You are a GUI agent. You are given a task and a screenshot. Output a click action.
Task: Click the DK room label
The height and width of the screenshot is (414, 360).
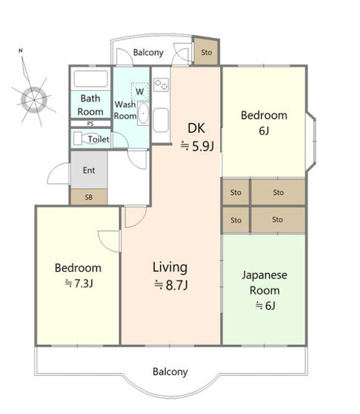point(196,128)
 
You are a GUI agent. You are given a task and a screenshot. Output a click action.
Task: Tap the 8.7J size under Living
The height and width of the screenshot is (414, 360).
point(171,285)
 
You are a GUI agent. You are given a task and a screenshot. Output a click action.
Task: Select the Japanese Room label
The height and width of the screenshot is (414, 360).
point(264,282)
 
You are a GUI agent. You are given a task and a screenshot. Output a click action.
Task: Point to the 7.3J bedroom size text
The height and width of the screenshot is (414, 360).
point(78,284)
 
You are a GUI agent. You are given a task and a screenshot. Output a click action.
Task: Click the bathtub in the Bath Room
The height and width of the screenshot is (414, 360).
point(91,78)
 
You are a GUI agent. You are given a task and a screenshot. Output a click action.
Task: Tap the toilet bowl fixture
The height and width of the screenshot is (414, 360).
point(83,139)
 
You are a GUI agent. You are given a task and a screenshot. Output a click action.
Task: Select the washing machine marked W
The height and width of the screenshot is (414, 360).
point(140,91)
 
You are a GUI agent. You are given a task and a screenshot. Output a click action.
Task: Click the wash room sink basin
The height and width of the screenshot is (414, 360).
point(143,113)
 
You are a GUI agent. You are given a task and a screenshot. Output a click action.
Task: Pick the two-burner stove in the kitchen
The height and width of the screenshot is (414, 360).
point(161,85)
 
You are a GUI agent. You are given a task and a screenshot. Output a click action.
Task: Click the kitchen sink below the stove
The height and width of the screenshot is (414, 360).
point(161,120)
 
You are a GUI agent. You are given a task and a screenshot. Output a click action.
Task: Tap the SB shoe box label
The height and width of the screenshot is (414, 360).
point(89,197)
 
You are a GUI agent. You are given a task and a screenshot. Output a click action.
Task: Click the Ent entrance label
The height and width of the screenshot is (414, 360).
point(89,170)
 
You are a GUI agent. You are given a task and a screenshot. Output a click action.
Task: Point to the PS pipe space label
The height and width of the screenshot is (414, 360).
point(90,123)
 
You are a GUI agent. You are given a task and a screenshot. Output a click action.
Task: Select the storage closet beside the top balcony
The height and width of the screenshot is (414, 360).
point(206,52)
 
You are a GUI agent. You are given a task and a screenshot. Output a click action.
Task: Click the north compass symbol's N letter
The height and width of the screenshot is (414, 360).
point(21,51)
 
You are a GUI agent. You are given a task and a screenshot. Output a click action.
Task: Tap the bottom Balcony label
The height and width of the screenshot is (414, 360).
point(170,372)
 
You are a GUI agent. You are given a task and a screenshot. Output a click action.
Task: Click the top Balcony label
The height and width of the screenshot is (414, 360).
point(148,52)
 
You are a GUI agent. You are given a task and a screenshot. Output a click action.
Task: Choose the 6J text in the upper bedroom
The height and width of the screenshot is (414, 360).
point(264,131)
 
